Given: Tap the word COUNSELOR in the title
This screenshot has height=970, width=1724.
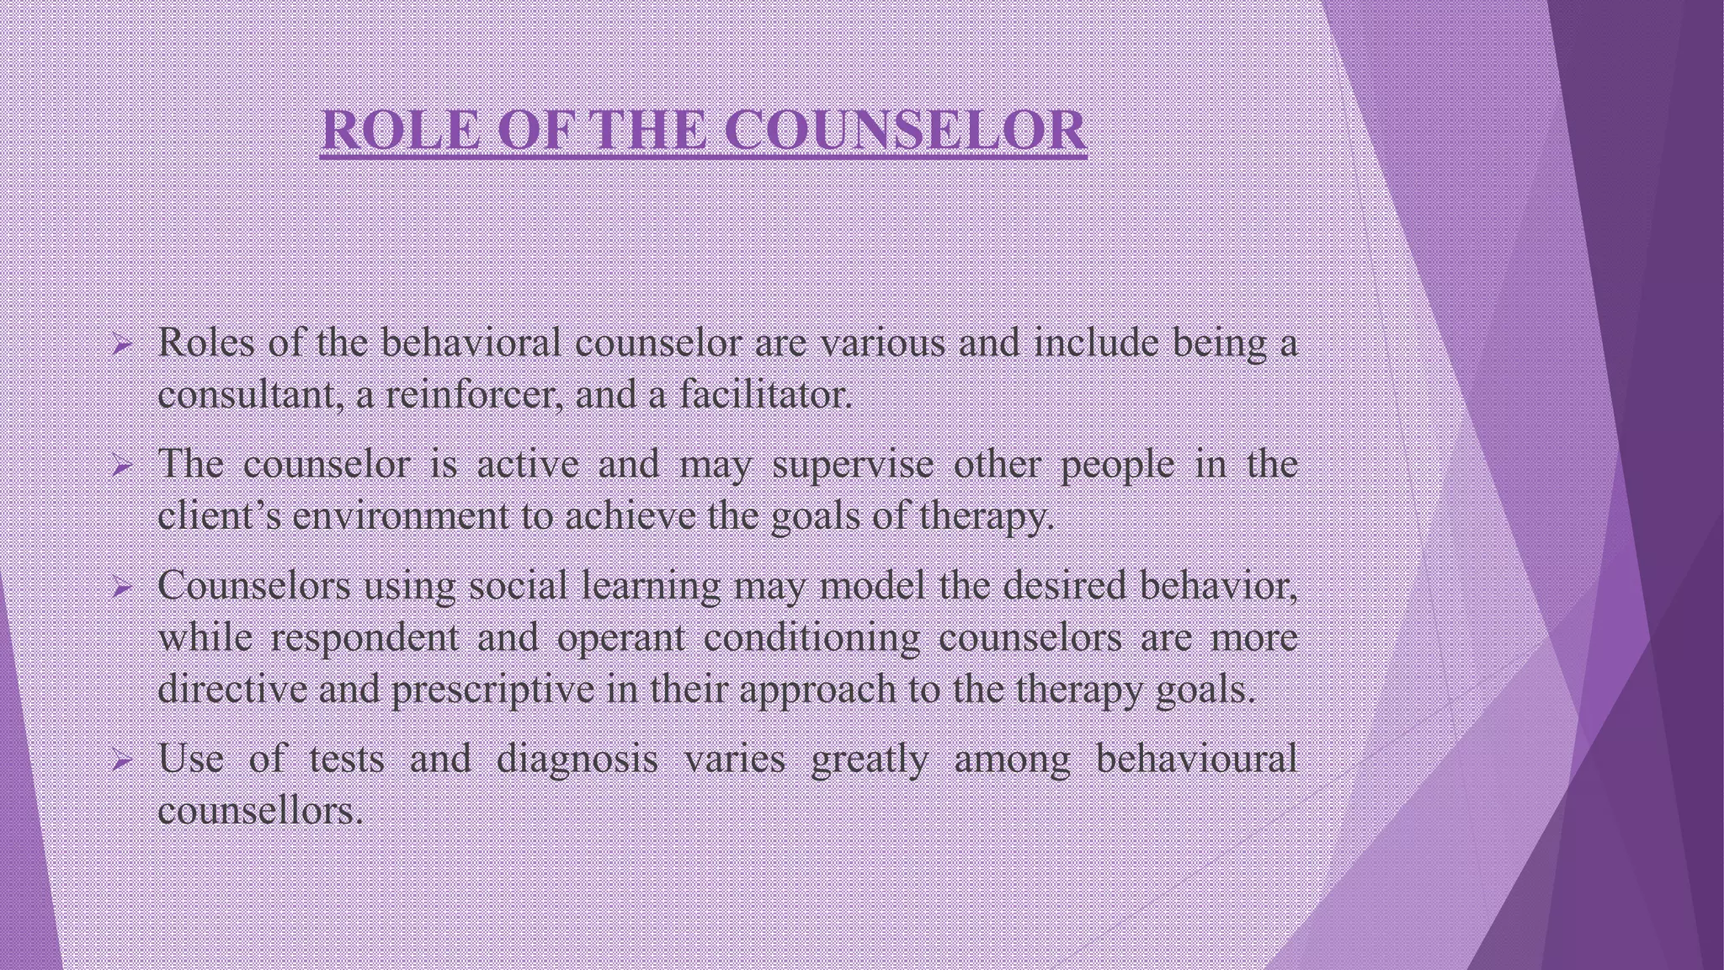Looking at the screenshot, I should pos(905,131).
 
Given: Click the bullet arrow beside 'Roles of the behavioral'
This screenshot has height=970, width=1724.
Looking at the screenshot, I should pos(122,344).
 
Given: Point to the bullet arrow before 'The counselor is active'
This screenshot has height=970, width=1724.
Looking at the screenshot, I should pos(122,466).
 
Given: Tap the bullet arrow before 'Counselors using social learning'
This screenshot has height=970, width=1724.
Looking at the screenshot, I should pos(122,587).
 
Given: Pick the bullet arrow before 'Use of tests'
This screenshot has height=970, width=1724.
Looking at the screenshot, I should pos(122,762).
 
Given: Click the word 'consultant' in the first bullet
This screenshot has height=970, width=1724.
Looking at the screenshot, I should pos(250,394).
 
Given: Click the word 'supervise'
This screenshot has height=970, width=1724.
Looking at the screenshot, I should pos(853,465).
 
